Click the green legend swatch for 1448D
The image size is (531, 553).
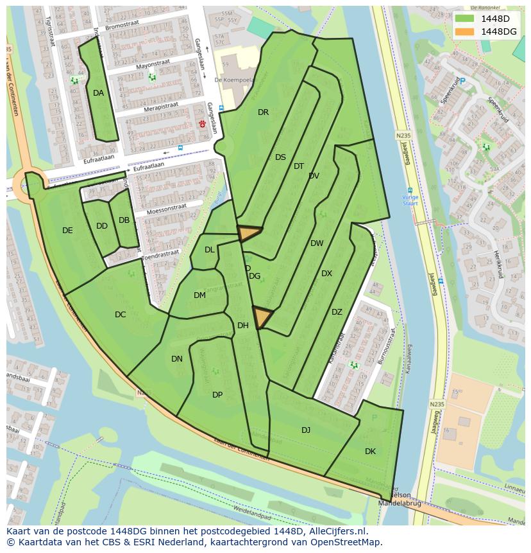pyautogui.click(x=464, y=19)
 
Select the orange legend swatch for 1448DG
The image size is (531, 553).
pyautogui.click(x=464, y=31)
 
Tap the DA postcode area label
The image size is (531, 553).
pyautogui.click(x=98, y=93)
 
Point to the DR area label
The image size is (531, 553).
pyautogui.click(x=263, y=112)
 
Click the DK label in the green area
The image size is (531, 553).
pyautogui.click(x=370, y=452)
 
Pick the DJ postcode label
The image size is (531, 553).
pyautogui.click(x=306, y=430)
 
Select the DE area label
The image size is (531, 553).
pyautogui.click(x=67, y=231)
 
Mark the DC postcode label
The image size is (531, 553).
pyautogui.click(x=120, y=315)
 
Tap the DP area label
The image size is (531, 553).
pyautogui.click(x=217, y=394)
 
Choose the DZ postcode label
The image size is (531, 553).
pyautogui.click(x=337, y=312)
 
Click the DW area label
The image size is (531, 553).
pyautogui.click(x=317, y=243)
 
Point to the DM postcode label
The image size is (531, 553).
pyautogui.click(x=199, y=295)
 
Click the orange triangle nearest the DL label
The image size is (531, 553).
pyautogui.click(x=249, y=233)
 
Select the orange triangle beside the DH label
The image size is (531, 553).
pyautogui.click(x=262, y=317)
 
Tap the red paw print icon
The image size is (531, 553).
pyautogui.click(x=203, y=123)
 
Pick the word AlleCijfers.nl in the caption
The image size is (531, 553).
pyautogui.click(x=335, y=531)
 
